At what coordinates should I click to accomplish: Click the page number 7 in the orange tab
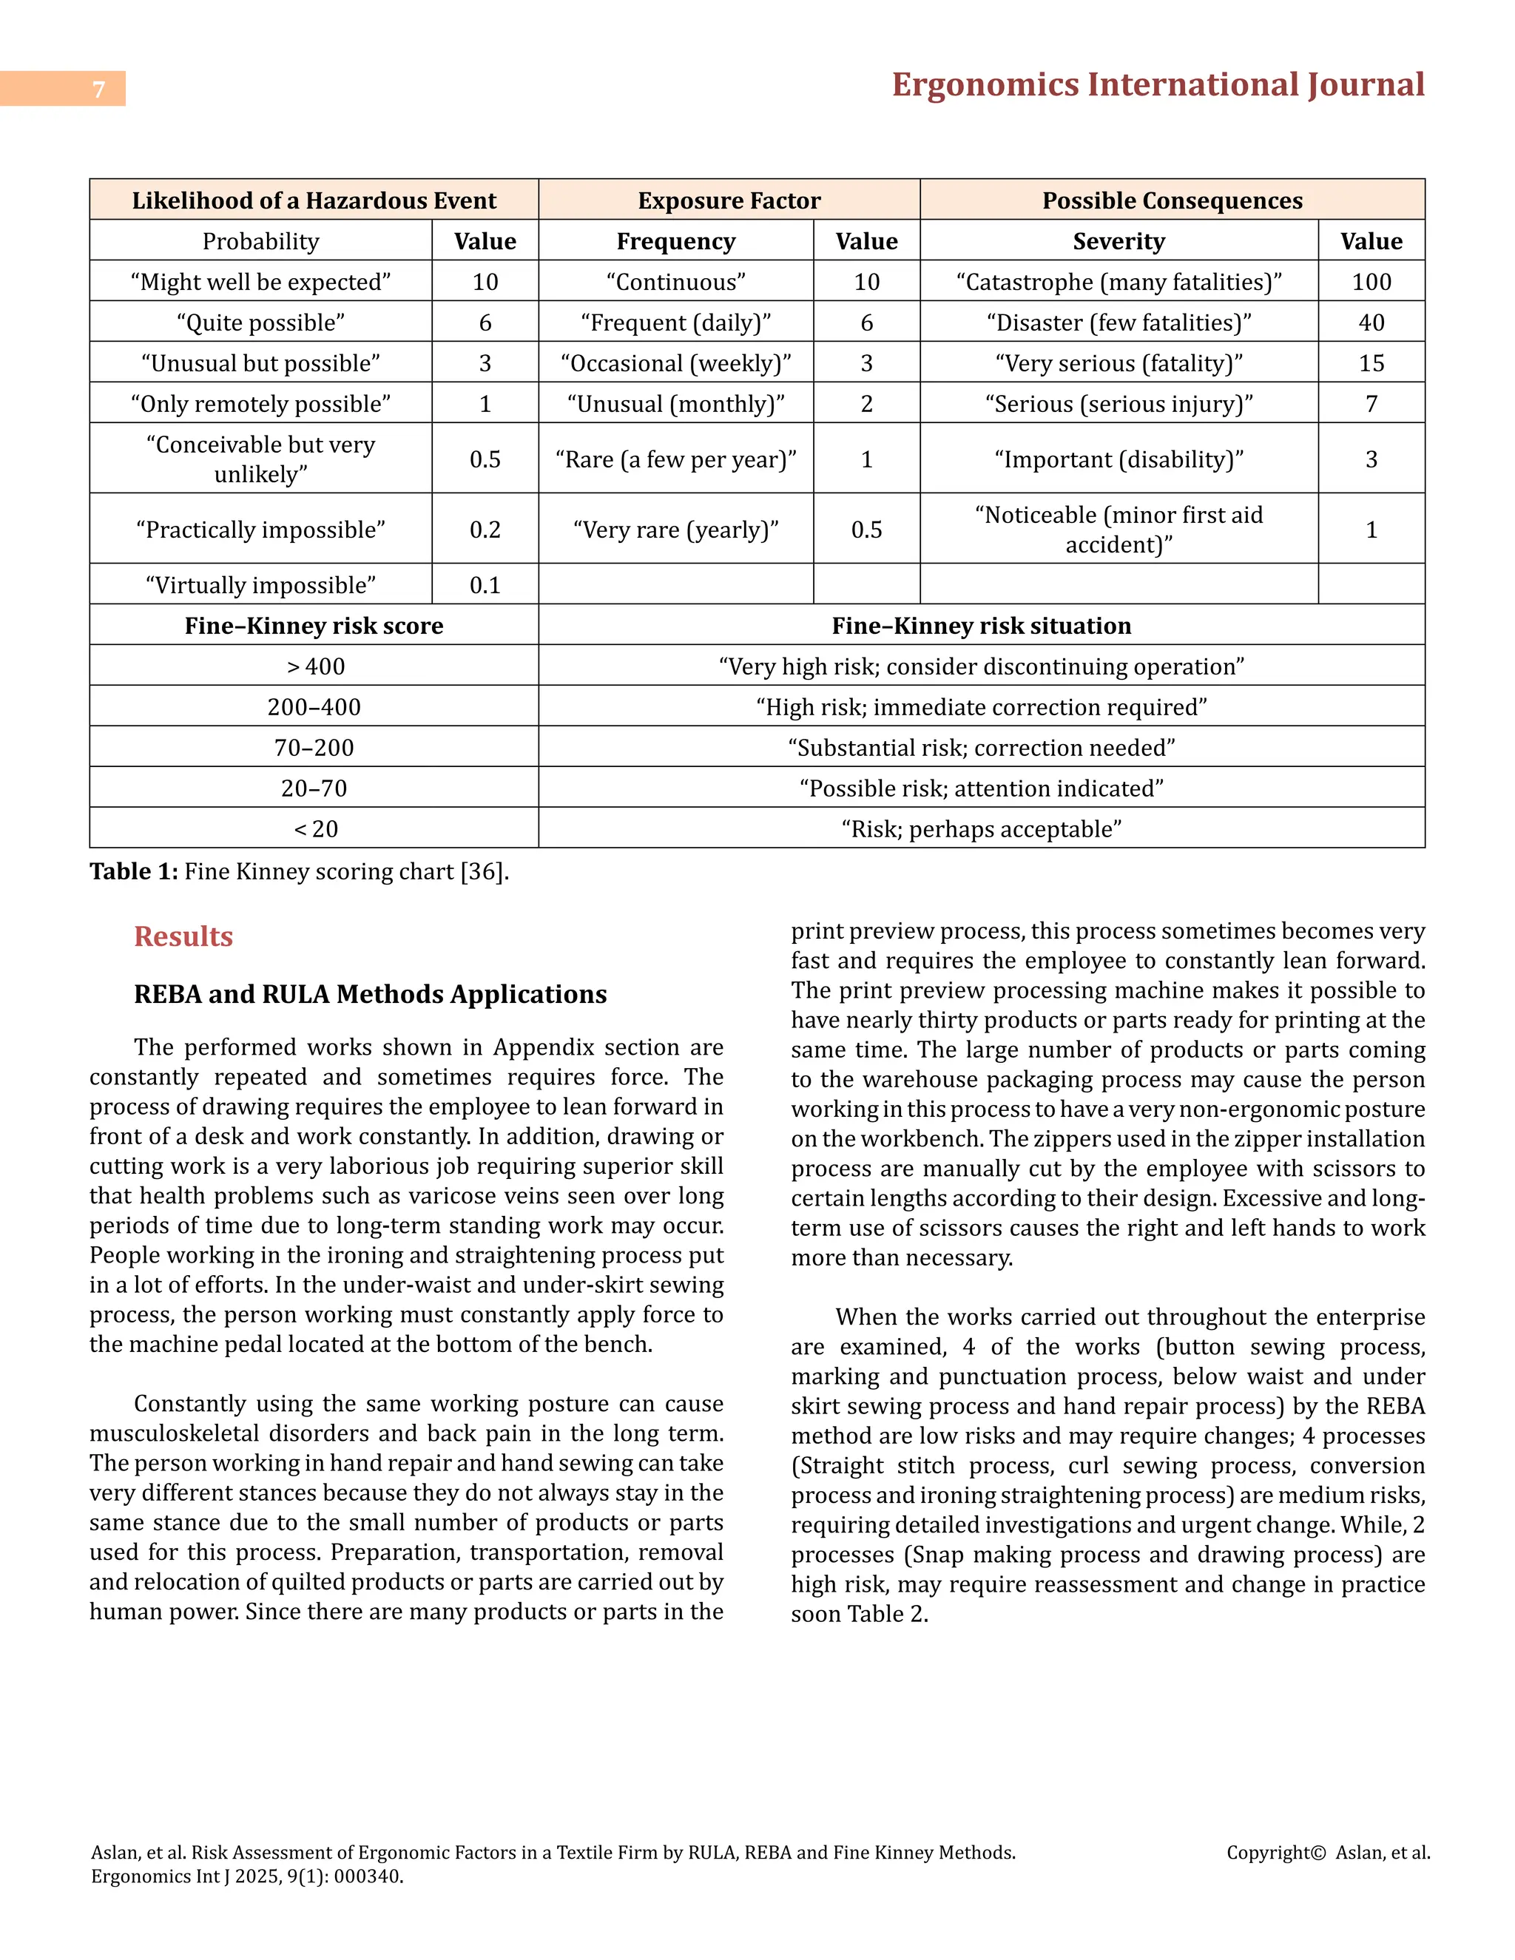98,89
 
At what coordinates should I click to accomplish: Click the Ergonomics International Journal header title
1157,85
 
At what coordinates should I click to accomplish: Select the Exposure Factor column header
729,200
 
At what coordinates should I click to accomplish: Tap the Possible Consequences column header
1172,200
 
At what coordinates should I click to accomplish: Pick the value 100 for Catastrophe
1371,282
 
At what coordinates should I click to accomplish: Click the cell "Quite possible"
260,322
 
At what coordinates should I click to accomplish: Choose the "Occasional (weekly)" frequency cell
676,363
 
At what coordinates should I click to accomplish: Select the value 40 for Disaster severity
1371,322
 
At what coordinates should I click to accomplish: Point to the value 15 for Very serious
1371,363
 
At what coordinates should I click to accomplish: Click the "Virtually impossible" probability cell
260,585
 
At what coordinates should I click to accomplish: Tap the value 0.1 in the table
485,585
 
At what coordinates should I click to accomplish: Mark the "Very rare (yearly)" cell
676,530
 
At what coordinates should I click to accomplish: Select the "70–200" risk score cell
314,748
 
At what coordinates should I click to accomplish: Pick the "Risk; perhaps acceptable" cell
981,829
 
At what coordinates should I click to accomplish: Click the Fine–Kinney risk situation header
981,626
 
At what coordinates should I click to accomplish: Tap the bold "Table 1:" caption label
134,871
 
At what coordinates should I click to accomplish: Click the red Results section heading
183,936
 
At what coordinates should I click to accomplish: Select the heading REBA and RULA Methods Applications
370,994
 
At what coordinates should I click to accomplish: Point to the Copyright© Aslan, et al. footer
1327,1852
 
